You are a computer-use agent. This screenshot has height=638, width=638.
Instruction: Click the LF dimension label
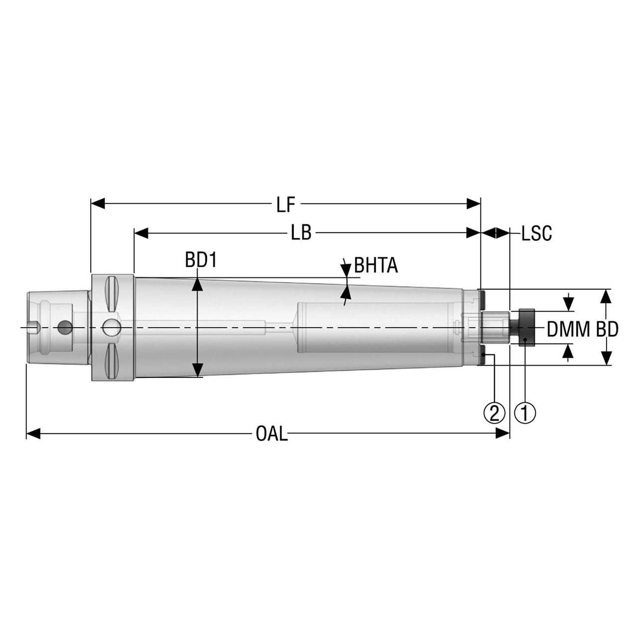click(x=286, y=205)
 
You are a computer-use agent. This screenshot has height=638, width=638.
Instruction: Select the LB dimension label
click(x=301, y=233)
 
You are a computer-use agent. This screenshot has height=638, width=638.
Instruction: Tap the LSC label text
click(x=537, y=233)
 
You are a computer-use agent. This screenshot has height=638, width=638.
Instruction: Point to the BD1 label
click(x=201, y=260)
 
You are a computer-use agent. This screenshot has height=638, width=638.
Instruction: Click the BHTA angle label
click(x=376, y=266)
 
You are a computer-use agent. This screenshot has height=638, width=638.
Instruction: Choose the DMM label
click(x=568, y=329)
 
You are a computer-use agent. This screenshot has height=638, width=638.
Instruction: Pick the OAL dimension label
click(x=272, y=433)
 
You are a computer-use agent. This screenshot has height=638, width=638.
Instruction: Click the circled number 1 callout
click(x=525, y=413)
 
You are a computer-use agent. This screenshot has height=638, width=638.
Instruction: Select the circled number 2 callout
click(x=494, y=413)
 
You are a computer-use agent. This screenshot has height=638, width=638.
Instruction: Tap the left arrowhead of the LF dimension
click(x=98, y=204)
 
